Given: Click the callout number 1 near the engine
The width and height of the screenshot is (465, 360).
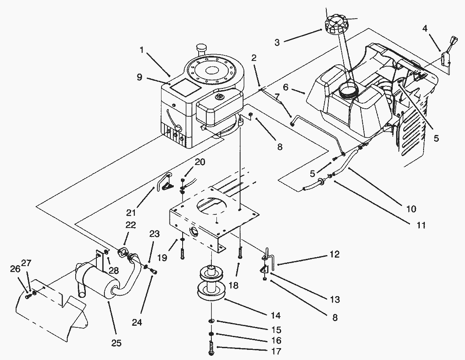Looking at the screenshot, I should [142, 50].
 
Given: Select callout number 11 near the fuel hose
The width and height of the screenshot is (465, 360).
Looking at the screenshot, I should [421, 225].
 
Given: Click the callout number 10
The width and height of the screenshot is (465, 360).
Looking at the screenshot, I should [411, 209].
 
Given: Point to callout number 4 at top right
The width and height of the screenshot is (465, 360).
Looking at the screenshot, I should [425, 28].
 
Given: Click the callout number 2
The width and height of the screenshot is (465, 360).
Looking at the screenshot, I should [254, 58].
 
